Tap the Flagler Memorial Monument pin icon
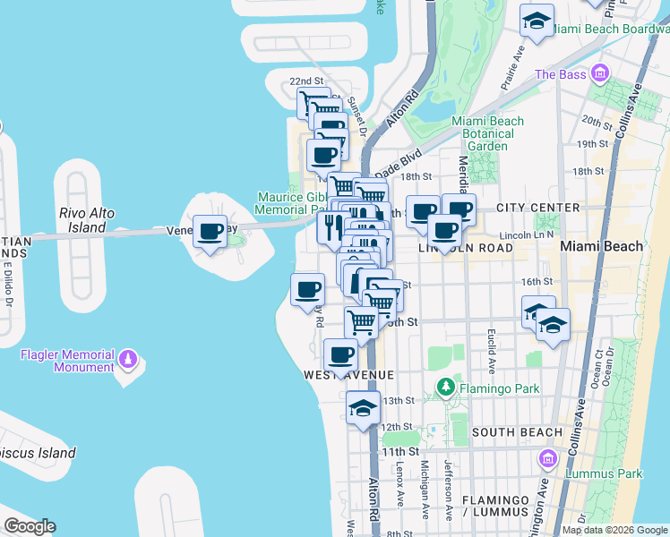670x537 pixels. coord(129,360)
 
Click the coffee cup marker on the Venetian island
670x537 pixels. coord(210,232)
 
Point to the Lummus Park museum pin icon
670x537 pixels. coord(547,459)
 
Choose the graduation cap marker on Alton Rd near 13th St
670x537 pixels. coord(363,408)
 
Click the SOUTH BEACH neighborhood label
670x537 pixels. coord(517,432)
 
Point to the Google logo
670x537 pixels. coord(30,526)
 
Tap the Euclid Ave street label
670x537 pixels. coord(492,350)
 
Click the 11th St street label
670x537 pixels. coord(394,453)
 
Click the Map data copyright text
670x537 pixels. coord(614,530)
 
